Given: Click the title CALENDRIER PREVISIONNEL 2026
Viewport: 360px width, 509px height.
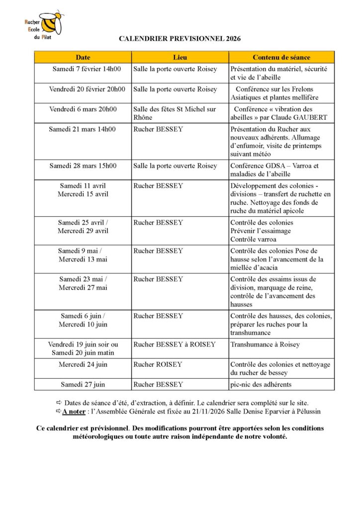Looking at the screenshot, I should tap(180, 38).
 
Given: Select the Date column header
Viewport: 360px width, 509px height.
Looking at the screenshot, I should tap(83, 57).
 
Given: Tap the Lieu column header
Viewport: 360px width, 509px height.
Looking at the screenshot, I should tap(180, 57).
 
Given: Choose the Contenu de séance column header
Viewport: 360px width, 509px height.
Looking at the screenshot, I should tap(281, 57).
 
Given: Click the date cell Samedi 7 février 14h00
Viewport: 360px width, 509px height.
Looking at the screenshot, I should tap(83, 69).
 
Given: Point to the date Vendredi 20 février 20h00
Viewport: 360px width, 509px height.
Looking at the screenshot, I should tap(87, 89).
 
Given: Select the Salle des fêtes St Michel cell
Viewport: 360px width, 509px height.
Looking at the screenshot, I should tap(175, 113).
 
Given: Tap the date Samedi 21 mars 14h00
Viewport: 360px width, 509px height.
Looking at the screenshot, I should tap(82, 129).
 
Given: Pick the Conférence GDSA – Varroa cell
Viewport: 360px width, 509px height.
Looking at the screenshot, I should tap(274, 170).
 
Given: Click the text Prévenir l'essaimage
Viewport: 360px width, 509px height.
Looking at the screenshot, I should tap(261, 231).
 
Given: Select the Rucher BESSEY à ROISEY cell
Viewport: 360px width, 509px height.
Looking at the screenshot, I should tap(175, 344).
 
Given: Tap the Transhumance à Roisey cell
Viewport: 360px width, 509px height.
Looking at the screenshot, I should tap(265, 344).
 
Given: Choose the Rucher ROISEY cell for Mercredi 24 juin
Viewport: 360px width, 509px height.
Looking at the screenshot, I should tap(158, 364).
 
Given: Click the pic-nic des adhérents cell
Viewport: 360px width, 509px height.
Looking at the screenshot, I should tap(261, 384).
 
